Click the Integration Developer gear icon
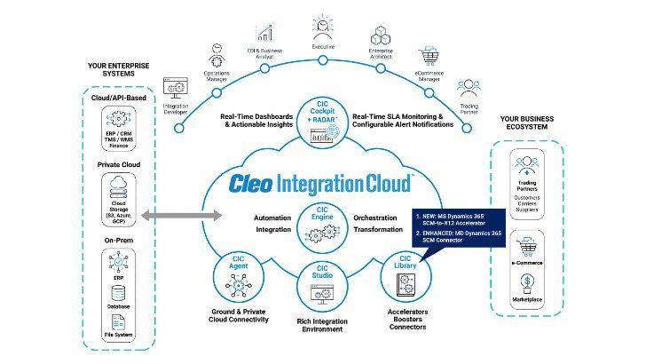pos(176,88)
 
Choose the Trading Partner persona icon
pos(468,89)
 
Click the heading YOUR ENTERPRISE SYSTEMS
pos(117,70)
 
